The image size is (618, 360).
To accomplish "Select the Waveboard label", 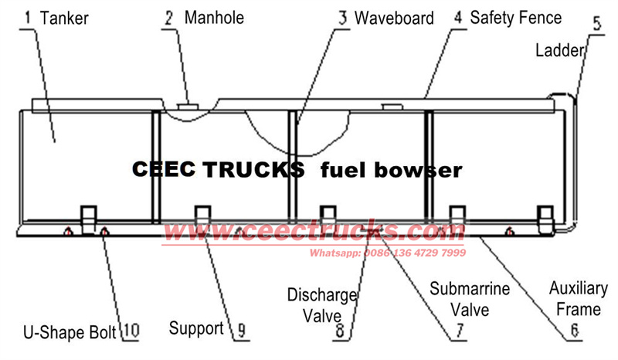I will (394, 17).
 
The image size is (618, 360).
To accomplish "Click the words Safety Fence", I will (516, 16).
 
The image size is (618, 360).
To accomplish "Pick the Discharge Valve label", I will (322, 304).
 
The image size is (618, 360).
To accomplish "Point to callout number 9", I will (240, 331).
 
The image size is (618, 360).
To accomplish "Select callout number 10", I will (129, 332).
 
